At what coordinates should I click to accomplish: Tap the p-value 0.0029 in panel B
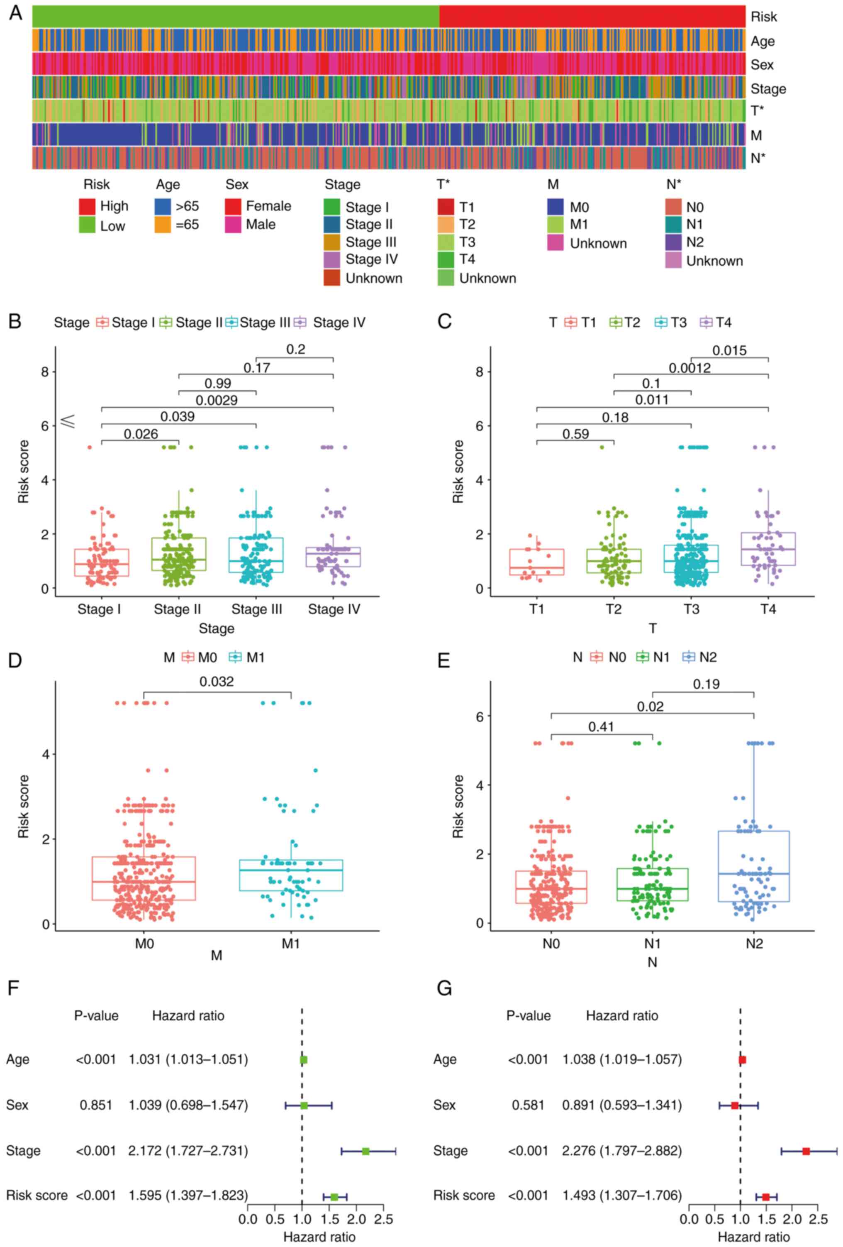(216, 400)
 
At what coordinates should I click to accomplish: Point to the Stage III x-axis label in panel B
(256, 609)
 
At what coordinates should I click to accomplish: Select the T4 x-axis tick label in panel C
(768, 609)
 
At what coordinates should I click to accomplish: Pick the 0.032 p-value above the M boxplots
(217, 682)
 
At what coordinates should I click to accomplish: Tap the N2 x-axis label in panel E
(753, 943)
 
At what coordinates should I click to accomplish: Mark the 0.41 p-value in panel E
(601, 726)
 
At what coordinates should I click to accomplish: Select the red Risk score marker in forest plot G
(766, 1197)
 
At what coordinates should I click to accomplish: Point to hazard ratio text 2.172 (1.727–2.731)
(188, 1150)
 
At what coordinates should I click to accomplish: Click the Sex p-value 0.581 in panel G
(528, 1105)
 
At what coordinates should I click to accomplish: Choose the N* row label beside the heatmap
(757, 158)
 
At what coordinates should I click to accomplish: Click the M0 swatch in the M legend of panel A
(555, 207)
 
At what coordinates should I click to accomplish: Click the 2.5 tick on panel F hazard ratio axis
(383, 1219)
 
